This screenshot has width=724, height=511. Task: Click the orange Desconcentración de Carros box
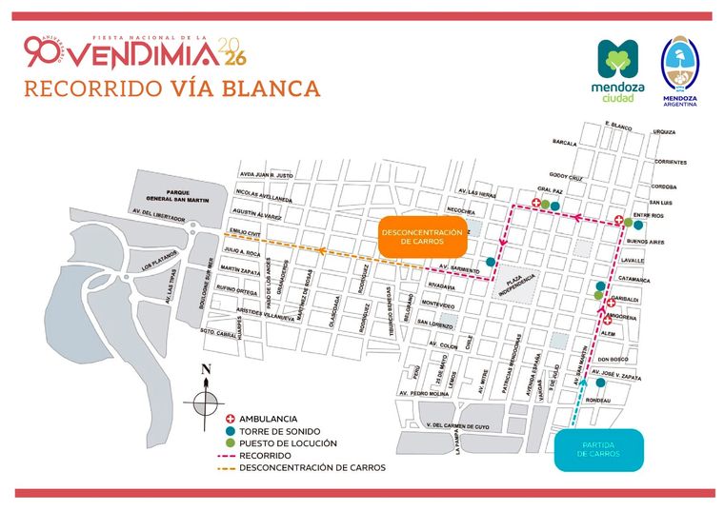coord(421,238)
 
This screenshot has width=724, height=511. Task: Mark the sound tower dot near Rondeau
coord(600,383)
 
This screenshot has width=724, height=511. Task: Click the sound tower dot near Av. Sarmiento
coord(490,262)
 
